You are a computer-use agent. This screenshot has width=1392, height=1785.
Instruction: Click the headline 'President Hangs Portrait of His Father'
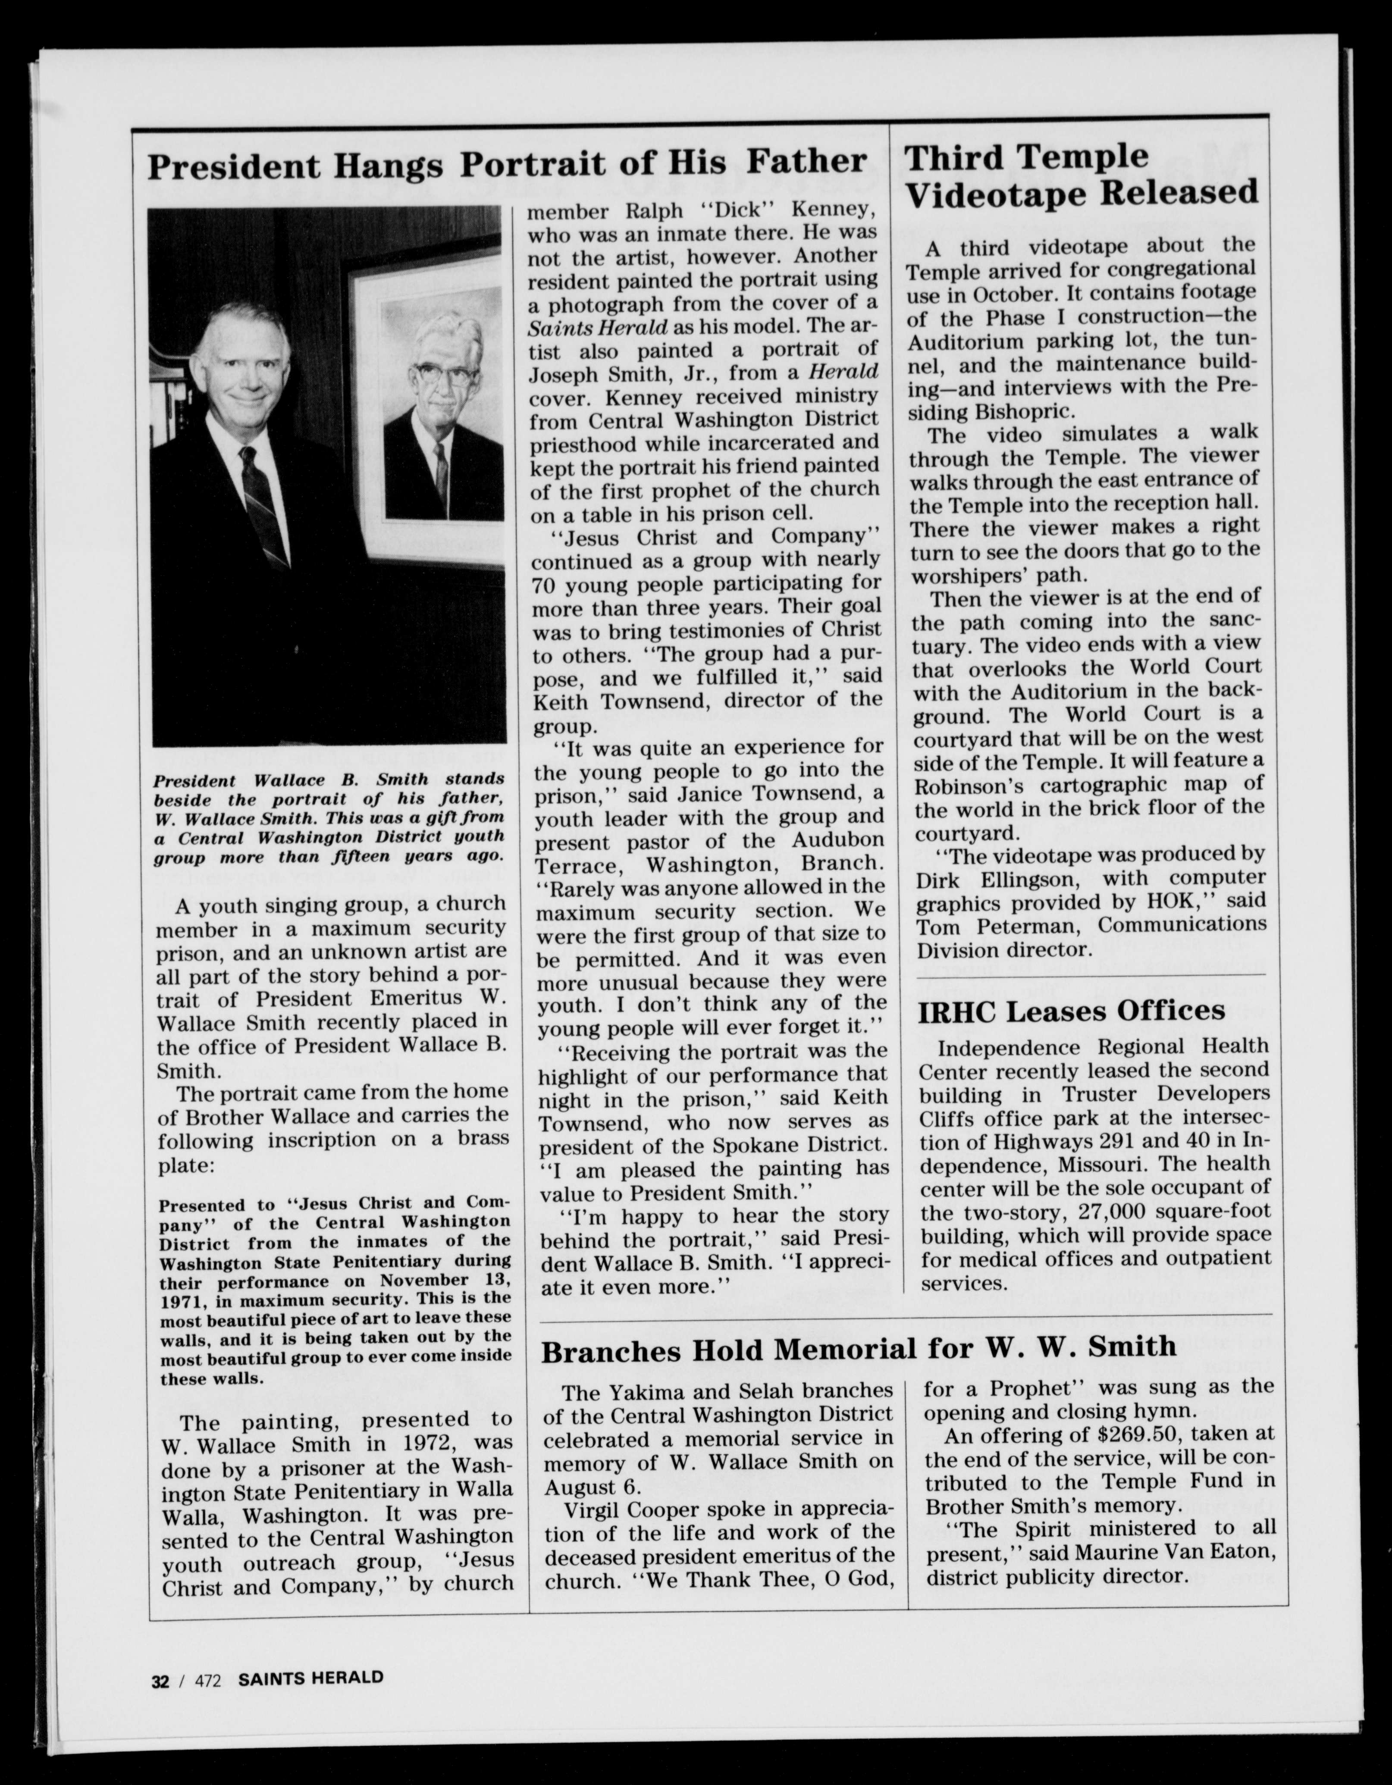tap(507, 163)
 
